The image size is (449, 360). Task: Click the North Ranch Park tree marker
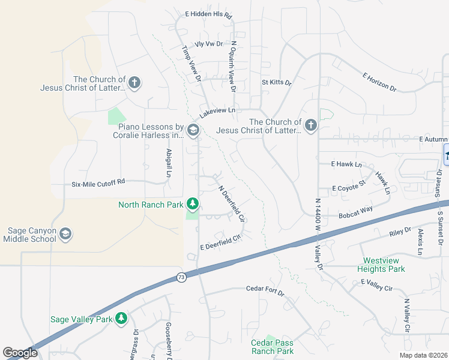coord(192,205)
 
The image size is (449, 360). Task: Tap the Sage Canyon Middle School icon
coord(65,234)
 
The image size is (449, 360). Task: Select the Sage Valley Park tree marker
coord(122,319)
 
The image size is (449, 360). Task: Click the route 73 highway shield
coord(181,277)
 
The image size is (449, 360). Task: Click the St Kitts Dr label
coord(276,82)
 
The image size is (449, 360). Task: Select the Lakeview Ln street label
coord(217,112)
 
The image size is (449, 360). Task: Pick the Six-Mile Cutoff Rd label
coord(98,181)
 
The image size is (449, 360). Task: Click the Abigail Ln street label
coord(169,163)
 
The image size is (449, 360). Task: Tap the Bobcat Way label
coord(355,211)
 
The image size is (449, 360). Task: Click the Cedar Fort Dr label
coord(265,289)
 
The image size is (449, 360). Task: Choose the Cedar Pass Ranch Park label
coord(272,347)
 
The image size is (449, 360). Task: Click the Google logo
coord(20,353)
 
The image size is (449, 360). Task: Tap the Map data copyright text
coord(423,355)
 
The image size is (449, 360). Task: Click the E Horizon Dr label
coord(379,82)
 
